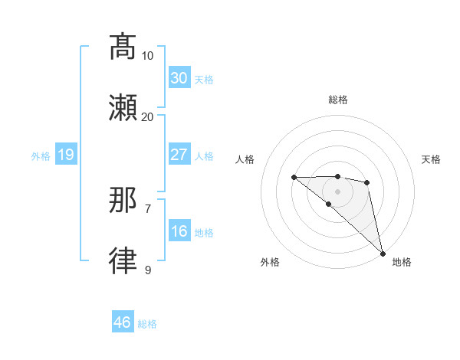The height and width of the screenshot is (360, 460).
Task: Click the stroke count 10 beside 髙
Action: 148,56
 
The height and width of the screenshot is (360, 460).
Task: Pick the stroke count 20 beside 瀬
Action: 148,117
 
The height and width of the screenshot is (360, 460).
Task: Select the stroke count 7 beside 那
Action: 148,208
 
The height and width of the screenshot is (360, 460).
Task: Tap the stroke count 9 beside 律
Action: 148,270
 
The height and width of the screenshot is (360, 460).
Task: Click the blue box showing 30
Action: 179,78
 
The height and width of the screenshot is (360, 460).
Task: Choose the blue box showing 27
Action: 179,155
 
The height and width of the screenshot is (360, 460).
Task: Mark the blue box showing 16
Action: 179,231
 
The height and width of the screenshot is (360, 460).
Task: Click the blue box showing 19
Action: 65,155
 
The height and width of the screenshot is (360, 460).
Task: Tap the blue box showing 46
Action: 123,322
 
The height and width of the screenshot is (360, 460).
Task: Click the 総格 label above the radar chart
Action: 338,100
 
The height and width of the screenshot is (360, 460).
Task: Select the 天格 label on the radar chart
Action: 432,159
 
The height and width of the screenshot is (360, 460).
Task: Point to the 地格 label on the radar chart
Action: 402,262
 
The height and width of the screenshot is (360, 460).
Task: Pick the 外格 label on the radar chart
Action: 270,262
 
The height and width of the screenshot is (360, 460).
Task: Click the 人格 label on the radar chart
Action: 245,159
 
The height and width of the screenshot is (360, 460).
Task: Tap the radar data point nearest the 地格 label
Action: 383,253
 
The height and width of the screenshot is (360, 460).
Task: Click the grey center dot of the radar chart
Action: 338,191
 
